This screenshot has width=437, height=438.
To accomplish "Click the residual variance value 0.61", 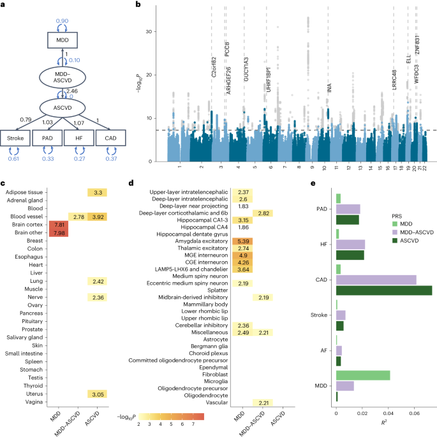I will point(14,158).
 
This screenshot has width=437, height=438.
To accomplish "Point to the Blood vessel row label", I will point(25,217).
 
